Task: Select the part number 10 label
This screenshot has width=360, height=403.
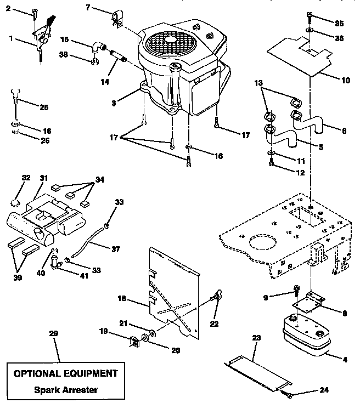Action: click(x=345, y=80)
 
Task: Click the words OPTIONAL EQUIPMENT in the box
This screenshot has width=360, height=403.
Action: click(x=65, y=373)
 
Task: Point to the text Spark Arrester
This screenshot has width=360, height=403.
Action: click(x=65, y=390)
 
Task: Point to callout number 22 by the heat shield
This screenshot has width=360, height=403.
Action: click(x=214, y=324)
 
